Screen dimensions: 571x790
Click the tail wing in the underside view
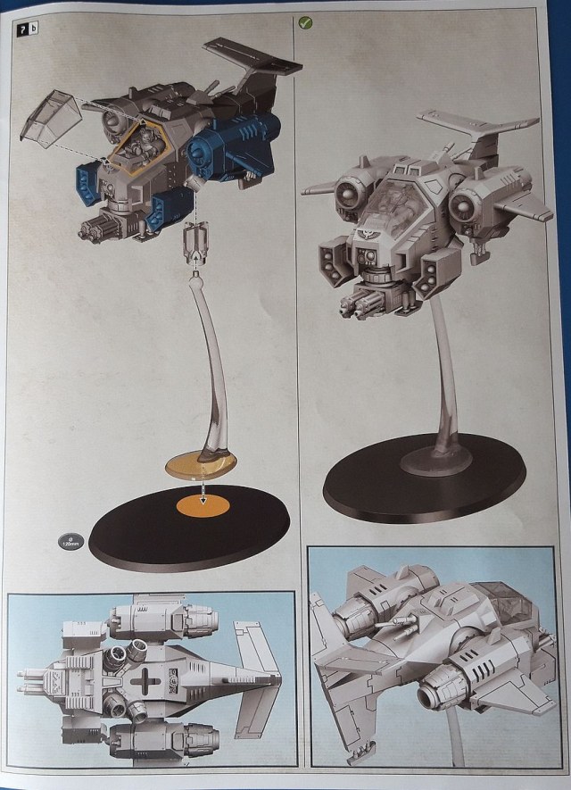[259, 678]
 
